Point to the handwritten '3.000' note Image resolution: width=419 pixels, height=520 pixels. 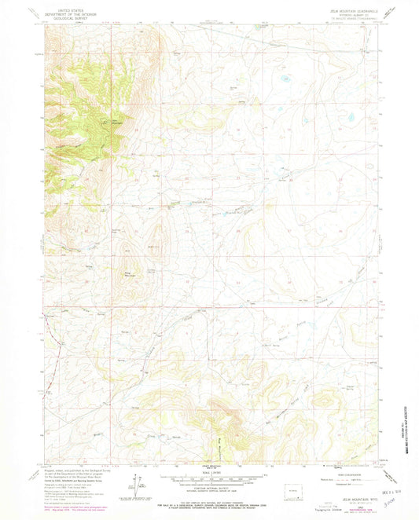coord(388,509)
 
